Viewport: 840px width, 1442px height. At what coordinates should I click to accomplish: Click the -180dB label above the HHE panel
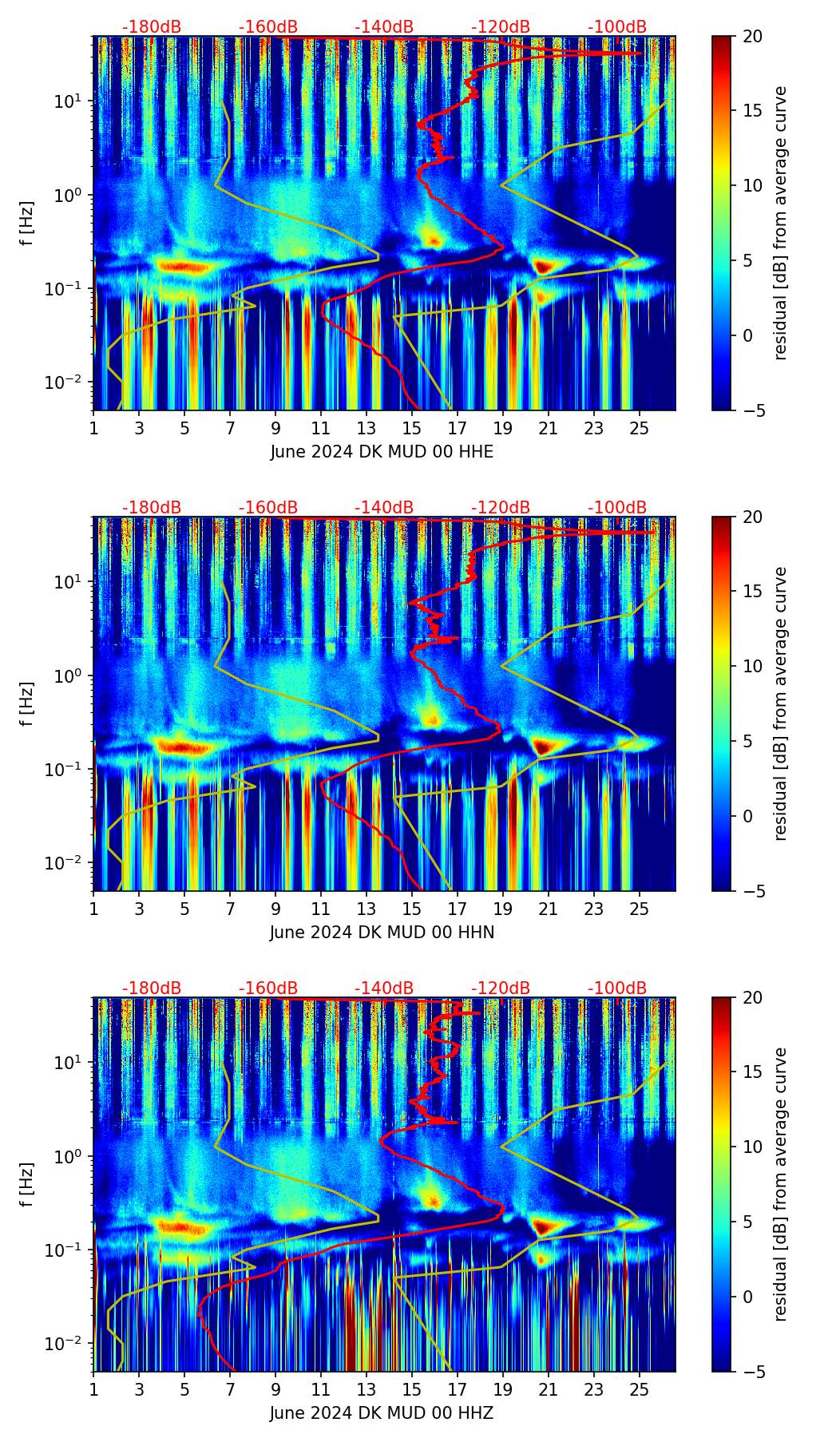click(x=152, y=27)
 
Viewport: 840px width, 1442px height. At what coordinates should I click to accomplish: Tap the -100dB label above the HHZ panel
click(x=617, y=988)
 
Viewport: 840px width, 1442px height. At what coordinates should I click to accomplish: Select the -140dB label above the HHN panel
click(x=384, y=508)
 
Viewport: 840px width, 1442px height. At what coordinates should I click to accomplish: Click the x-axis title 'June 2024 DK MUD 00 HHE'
click(x=382, y=452)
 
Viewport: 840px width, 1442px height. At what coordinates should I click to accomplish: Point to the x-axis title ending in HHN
click(x=382, y=933)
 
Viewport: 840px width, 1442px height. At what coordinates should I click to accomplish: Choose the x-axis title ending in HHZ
click(x=382, y=1413)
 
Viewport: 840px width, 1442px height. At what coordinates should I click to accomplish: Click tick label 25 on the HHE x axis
click(x=640, y=428)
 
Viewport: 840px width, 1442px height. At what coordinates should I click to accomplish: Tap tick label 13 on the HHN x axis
click(x=367, y=909)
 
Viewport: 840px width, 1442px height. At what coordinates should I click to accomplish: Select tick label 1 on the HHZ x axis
click(x=93, y=1389)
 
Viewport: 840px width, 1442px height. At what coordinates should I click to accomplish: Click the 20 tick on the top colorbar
click(x=752, y=36)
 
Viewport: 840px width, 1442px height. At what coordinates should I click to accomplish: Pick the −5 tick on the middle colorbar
click(x=752, y=891)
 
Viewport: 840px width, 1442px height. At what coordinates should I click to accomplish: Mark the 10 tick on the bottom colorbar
click(x=752, y=1147)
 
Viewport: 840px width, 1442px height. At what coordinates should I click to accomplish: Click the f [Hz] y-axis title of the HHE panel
click(x=27, y=223)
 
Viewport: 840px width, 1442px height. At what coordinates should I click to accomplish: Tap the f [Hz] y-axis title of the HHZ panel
click(x=27, y=1184)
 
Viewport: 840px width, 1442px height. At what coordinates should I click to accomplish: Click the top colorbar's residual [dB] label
click(x=781, y=223)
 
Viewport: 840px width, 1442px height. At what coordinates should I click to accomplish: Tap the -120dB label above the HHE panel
click(x=501, y=27)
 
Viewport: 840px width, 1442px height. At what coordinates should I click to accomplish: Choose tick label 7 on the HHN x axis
click(x=230, y=909)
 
